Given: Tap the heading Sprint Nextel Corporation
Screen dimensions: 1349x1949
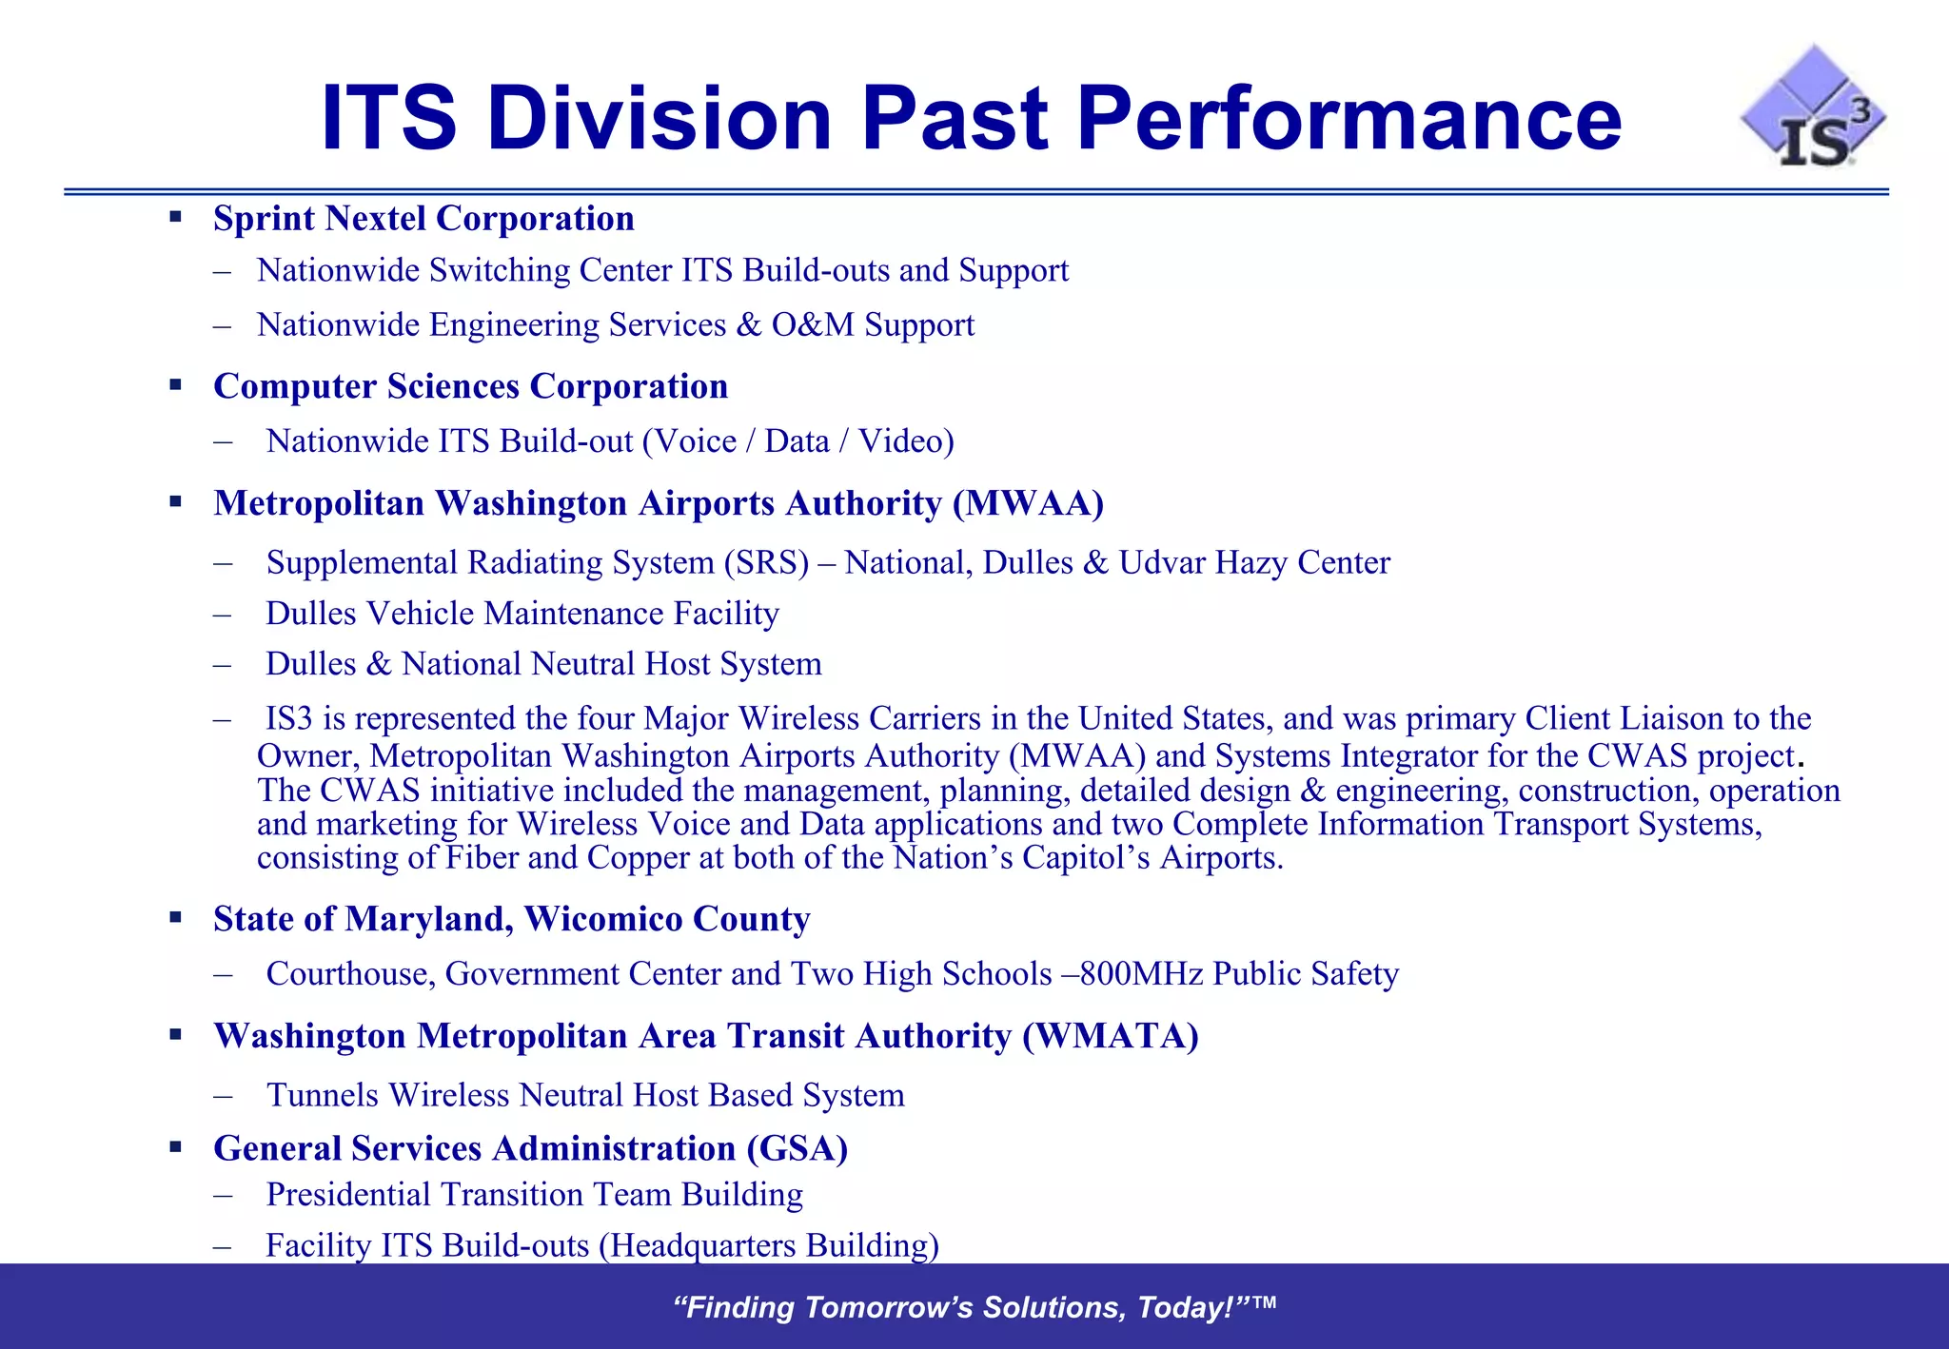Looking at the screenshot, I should tap(423, 219).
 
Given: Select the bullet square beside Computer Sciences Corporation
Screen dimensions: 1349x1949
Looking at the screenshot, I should tap(175, 385).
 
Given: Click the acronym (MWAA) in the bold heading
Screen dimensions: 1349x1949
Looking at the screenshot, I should tap(1028, 503).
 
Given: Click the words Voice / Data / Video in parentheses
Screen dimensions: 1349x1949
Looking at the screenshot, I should tap(797, 441).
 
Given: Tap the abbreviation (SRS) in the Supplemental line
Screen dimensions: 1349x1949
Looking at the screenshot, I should tap(765, 562).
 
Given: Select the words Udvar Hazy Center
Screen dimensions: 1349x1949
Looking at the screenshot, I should tap(1253, 562).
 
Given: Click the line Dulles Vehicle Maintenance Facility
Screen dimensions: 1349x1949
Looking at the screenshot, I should tap(522, 614).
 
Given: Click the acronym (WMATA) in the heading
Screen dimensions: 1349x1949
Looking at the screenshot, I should tap(1110, 1036).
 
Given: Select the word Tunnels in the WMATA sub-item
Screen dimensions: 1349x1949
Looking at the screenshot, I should tap(323, 1095).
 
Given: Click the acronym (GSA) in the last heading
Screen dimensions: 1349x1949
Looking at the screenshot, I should tap(797, 1148).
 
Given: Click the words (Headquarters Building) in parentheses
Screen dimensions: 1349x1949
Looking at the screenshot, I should tap(769, 1245).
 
